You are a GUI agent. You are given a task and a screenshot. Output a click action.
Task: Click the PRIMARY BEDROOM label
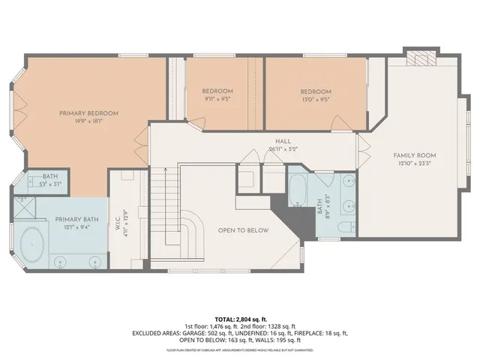[x=89, y=113]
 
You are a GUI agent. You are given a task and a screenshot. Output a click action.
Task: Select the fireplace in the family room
[x=417, y=58]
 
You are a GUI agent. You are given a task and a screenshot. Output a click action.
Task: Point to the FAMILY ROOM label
[x=415, y=155]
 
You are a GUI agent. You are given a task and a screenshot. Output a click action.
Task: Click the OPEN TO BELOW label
[x=242, y=230]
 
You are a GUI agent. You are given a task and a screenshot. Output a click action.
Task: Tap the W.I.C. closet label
[x=118, y=223]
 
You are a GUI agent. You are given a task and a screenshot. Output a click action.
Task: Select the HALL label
[x=283, y=140]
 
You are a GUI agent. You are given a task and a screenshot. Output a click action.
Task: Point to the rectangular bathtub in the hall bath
[x=298, y=192]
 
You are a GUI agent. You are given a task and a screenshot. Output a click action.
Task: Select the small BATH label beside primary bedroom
[x=49, y=175]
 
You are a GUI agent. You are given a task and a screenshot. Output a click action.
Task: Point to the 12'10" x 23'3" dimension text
[x=415, y=163]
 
